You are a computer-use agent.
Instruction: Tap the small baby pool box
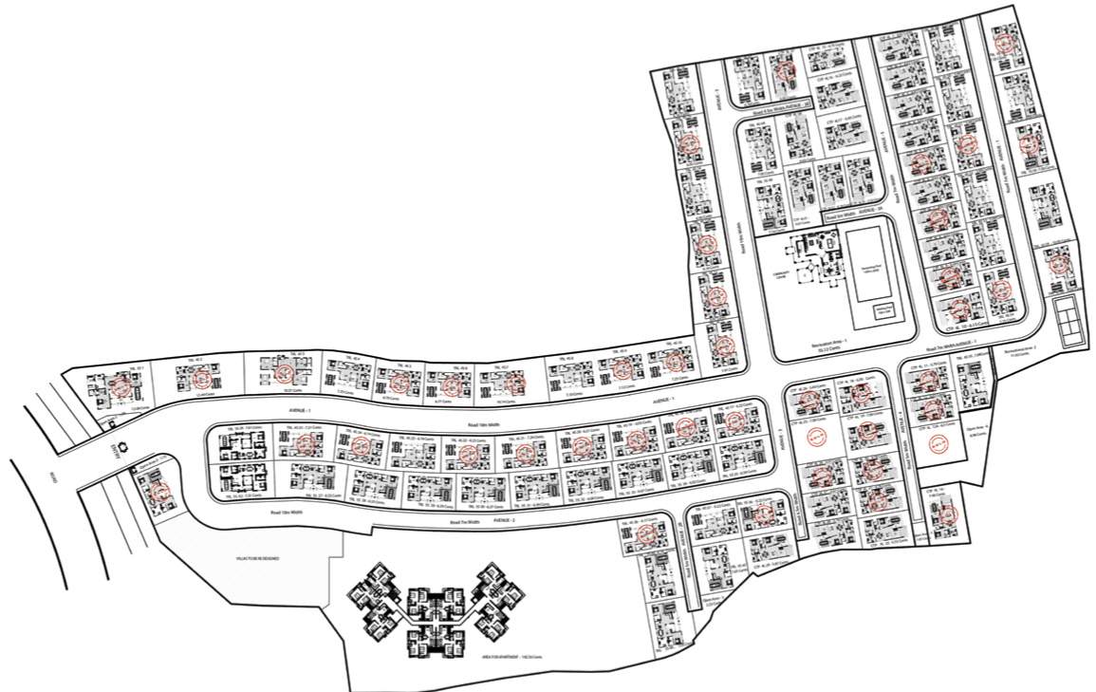(x=884, y=311)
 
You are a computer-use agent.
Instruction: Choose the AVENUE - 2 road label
(x=502, y=521)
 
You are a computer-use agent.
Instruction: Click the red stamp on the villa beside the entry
(x=158, y=491)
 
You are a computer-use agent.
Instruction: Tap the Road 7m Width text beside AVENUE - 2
(x=464, y=522)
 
